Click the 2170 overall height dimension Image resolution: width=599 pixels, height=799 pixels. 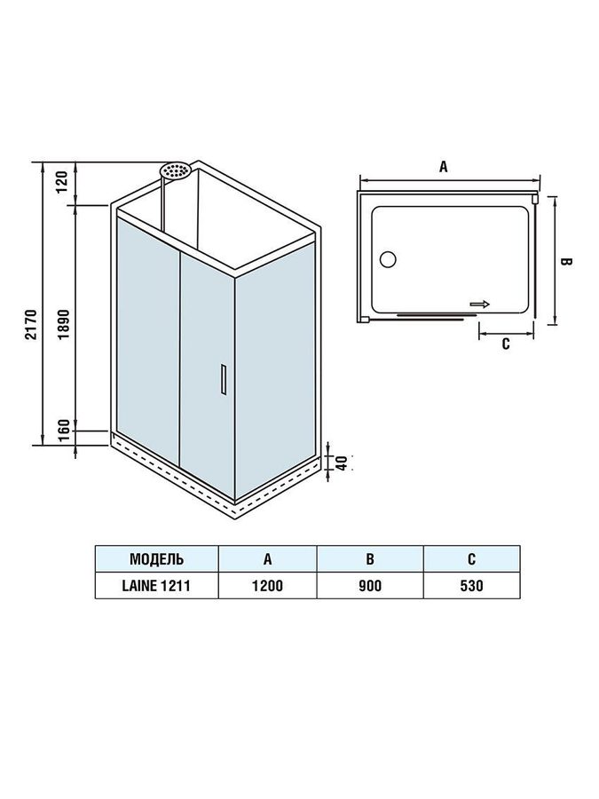point(32,324)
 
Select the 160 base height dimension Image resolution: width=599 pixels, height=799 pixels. point(63,432)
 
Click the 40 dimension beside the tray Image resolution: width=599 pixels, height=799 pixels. point(342,463)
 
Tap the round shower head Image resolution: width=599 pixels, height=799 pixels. point(175,170)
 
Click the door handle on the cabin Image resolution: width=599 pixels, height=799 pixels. point(223,379)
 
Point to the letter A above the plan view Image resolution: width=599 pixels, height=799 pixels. point(444,166)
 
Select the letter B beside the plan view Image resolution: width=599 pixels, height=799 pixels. point(566,261)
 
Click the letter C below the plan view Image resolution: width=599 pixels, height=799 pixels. point(505,344)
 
